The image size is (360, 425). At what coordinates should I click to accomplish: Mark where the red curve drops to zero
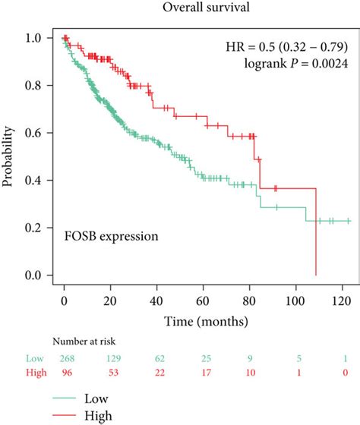315,274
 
